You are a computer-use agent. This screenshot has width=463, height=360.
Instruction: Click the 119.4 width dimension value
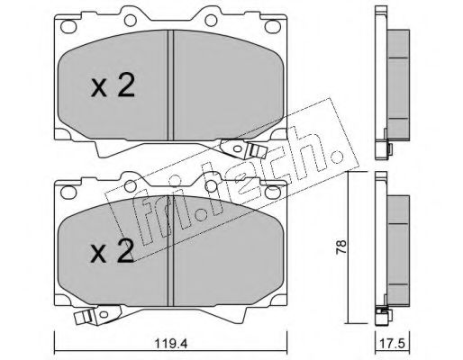pos(171,344)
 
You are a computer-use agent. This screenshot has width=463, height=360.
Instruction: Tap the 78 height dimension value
pos(341,247)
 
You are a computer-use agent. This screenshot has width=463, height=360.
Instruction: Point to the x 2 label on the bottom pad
pos(112,251)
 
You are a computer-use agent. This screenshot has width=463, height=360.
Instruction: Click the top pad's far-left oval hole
pos(68,25)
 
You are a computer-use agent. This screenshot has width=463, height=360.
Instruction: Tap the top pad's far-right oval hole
pos(272,26)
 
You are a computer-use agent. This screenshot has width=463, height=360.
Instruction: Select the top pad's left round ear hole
pos(131,20)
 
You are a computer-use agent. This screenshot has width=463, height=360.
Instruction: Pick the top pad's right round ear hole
pos(211,20)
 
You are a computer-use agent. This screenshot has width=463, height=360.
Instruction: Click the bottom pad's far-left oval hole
pos(68,192)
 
